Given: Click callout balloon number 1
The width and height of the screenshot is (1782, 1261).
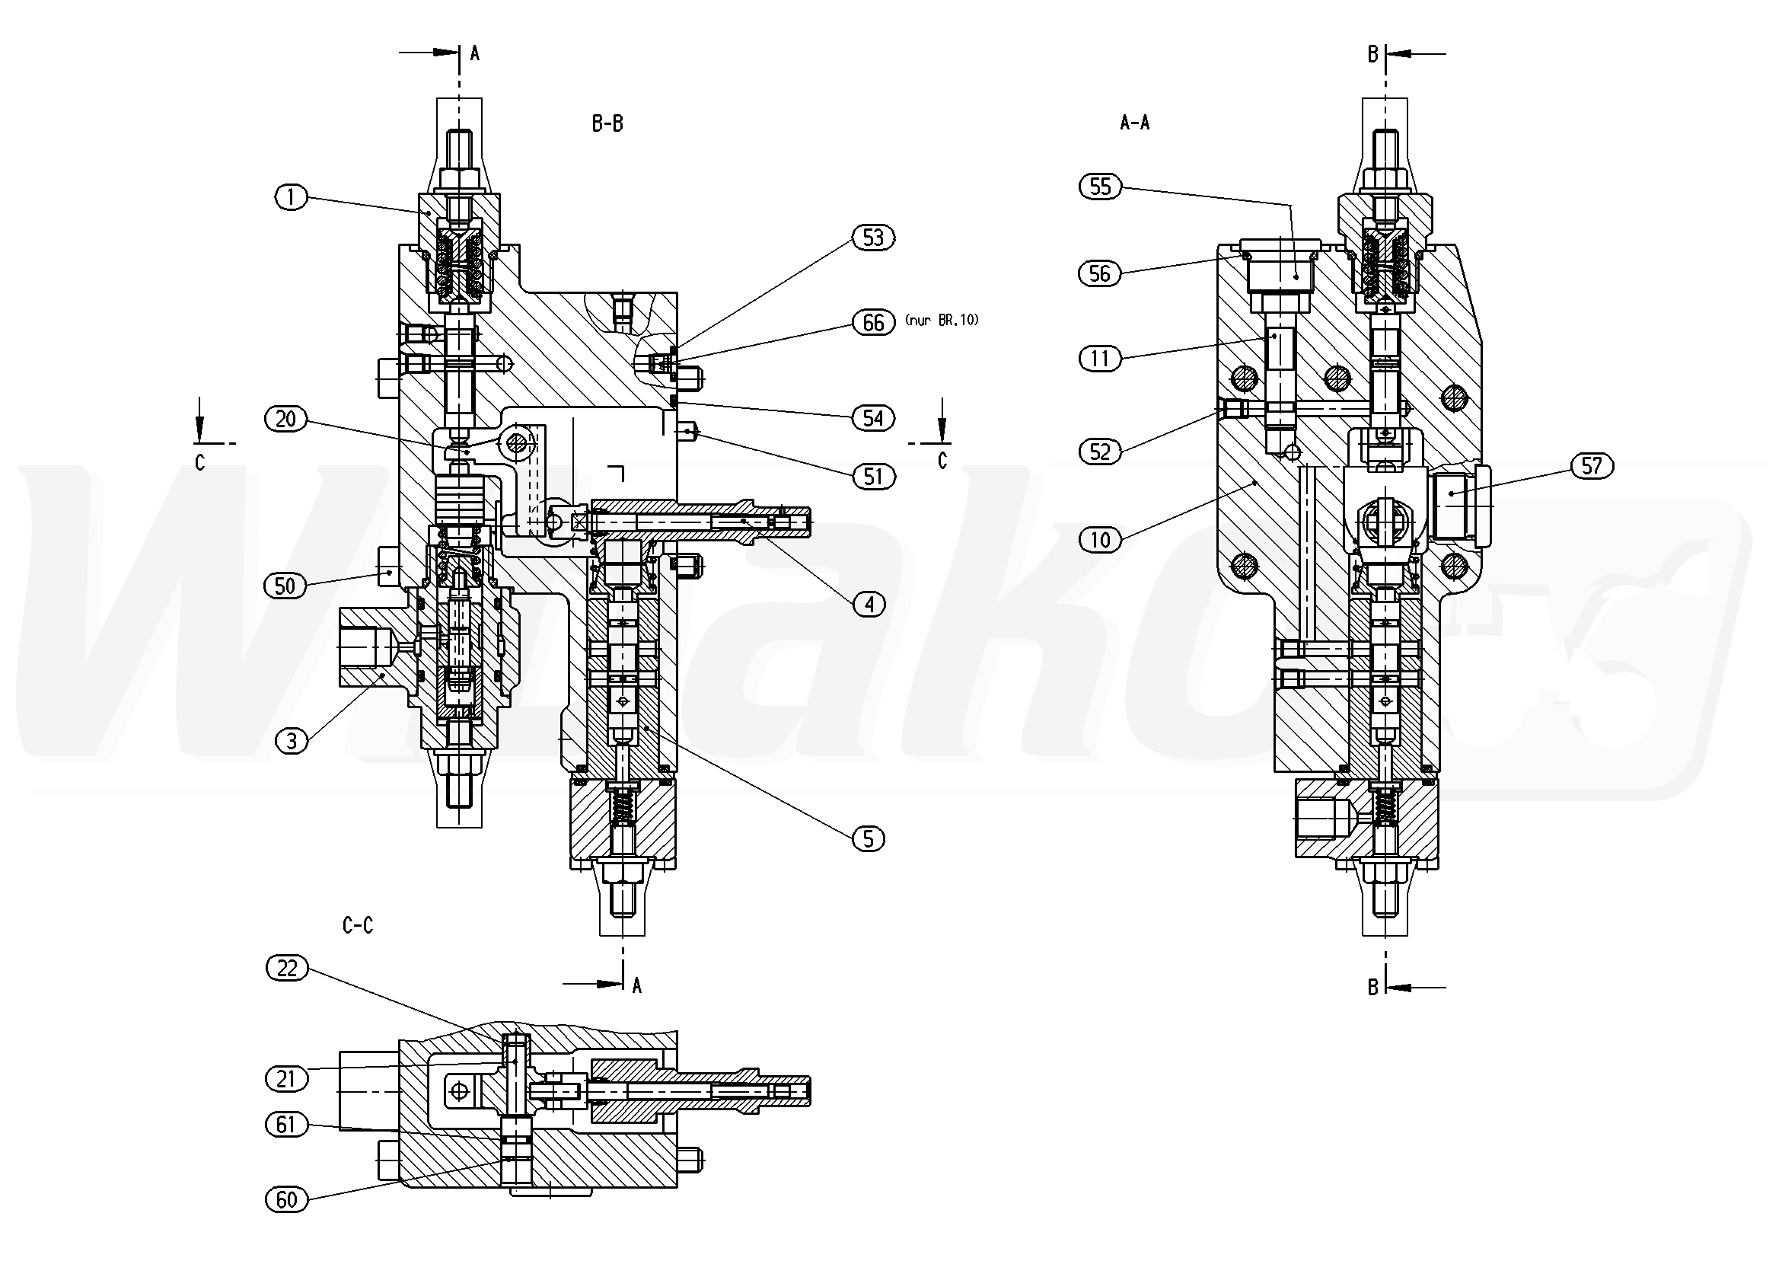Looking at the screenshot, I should coord(291,197).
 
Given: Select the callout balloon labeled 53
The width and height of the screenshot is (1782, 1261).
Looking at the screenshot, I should coord(873,238).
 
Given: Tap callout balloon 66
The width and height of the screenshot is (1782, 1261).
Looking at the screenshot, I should coord(873,322).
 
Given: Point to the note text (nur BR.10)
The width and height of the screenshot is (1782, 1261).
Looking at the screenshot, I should coord(942,320).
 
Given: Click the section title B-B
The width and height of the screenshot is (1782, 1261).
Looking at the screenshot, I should coord(607,123).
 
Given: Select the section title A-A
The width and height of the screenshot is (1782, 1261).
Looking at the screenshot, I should coord(1134,122).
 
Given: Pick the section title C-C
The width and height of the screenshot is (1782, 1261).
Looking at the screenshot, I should coord(358,925).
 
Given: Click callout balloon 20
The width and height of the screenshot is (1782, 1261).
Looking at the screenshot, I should coord(286,420).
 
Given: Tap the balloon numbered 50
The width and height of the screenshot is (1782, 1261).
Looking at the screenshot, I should coord(285,586).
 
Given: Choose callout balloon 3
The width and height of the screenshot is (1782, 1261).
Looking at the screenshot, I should coord(291,741).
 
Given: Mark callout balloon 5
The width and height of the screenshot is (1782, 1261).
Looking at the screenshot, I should coord(868,838).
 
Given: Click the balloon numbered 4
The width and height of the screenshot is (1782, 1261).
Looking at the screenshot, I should coord(869,604).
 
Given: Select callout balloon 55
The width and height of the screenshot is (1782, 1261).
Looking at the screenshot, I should coord(1101,187).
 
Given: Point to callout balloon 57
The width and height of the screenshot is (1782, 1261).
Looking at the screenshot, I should coord(1592,466).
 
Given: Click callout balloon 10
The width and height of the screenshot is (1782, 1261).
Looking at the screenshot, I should coord(1101,540).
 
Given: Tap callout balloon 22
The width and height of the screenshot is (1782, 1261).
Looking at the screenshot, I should coord(287,969).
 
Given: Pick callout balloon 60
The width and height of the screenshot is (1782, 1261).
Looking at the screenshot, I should coord(286,1199).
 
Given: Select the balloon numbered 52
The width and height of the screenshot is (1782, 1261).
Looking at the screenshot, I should coord(1101,452).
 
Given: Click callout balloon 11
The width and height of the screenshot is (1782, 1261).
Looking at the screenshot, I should coord(1101,359).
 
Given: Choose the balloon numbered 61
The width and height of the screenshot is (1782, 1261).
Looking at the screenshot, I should coord(286,1125).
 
